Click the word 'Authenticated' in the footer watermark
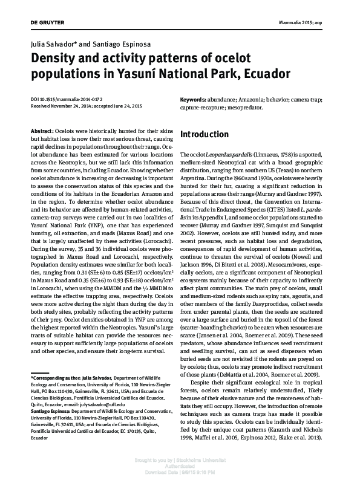coord(180,465)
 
